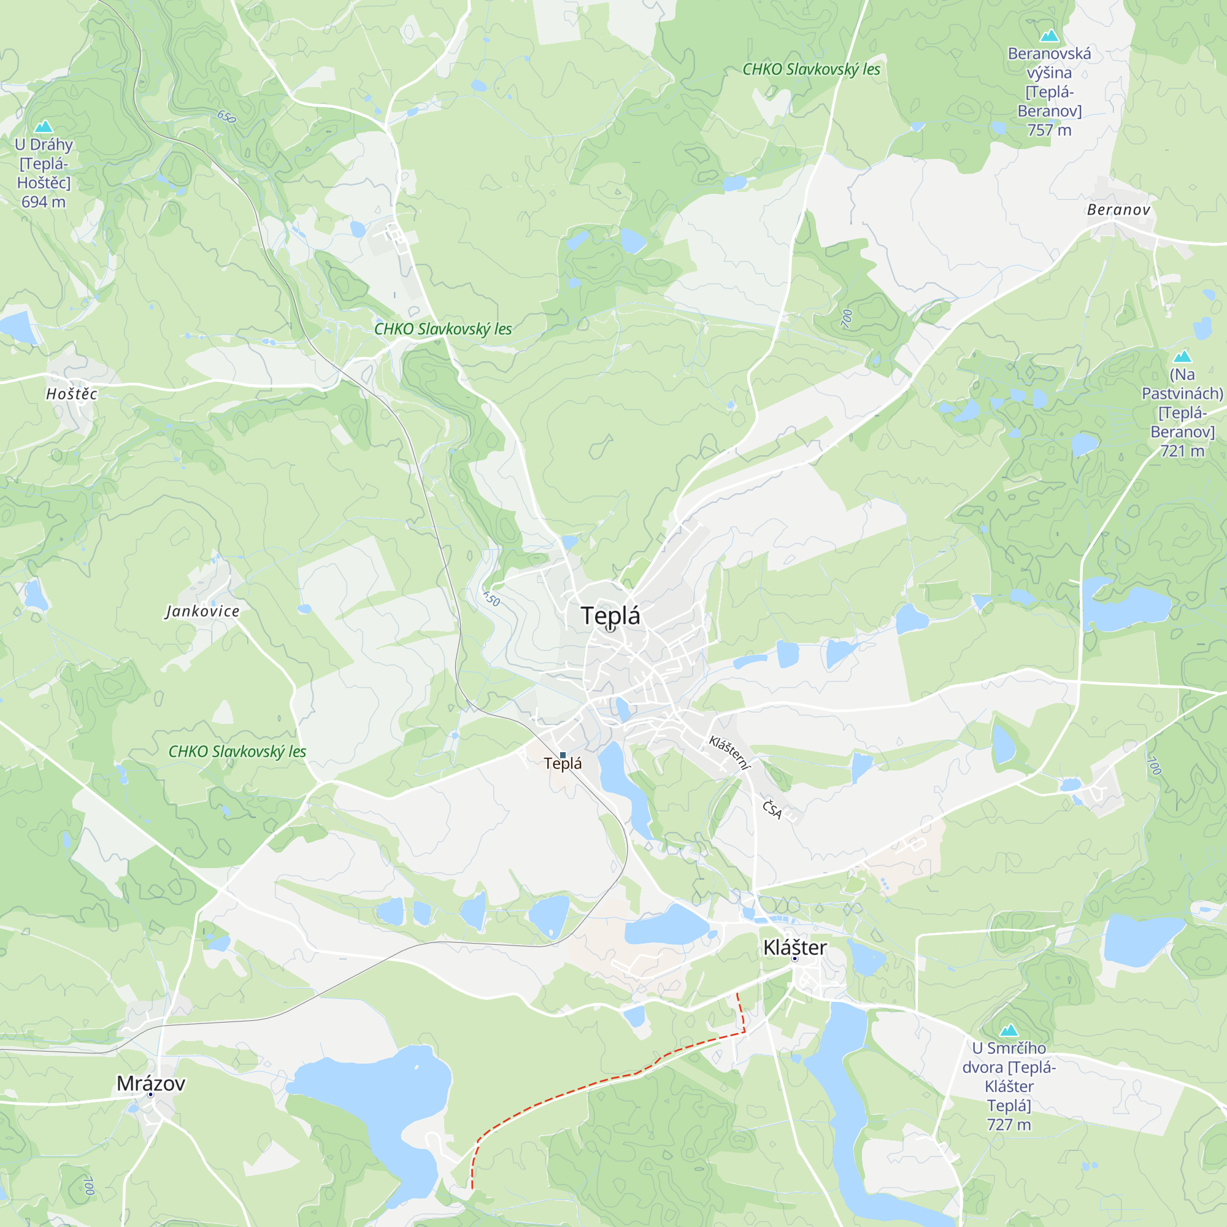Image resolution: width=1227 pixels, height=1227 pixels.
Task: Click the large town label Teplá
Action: (610, 615)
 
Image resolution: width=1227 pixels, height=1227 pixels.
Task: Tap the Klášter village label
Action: (794, 948)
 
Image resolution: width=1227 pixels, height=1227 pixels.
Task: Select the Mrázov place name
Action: (150, 1083)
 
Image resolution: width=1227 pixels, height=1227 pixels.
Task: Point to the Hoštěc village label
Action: (72, 394)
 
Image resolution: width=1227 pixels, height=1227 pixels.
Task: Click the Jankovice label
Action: (202, 611)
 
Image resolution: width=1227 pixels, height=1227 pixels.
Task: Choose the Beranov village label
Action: (1118, 210)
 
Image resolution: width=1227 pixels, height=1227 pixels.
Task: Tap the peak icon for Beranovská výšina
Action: (1049, 36)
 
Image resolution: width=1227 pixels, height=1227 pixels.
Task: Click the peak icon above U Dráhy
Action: (43, 126)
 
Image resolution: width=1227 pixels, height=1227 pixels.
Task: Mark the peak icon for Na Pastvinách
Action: (1182, 356)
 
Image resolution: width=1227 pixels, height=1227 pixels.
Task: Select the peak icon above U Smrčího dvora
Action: (1009, 1030)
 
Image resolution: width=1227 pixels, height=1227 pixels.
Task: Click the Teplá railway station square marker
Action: (563, 755)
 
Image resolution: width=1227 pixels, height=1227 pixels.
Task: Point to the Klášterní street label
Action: (729, 753)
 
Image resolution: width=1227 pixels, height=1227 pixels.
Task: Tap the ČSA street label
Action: (772, 810)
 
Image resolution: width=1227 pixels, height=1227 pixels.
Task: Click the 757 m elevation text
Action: (1049, 130)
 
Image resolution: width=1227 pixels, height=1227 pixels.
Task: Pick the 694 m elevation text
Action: (43, 202)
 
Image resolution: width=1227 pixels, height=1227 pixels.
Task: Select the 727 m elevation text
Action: (1009, 1125)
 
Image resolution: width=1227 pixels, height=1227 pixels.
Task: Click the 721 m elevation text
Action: (1182, 451)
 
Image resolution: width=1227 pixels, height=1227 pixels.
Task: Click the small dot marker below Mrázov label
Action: (150, 1095)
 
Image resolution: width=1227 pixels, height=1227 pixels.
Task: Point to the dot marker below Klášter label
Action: (794, 958)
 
